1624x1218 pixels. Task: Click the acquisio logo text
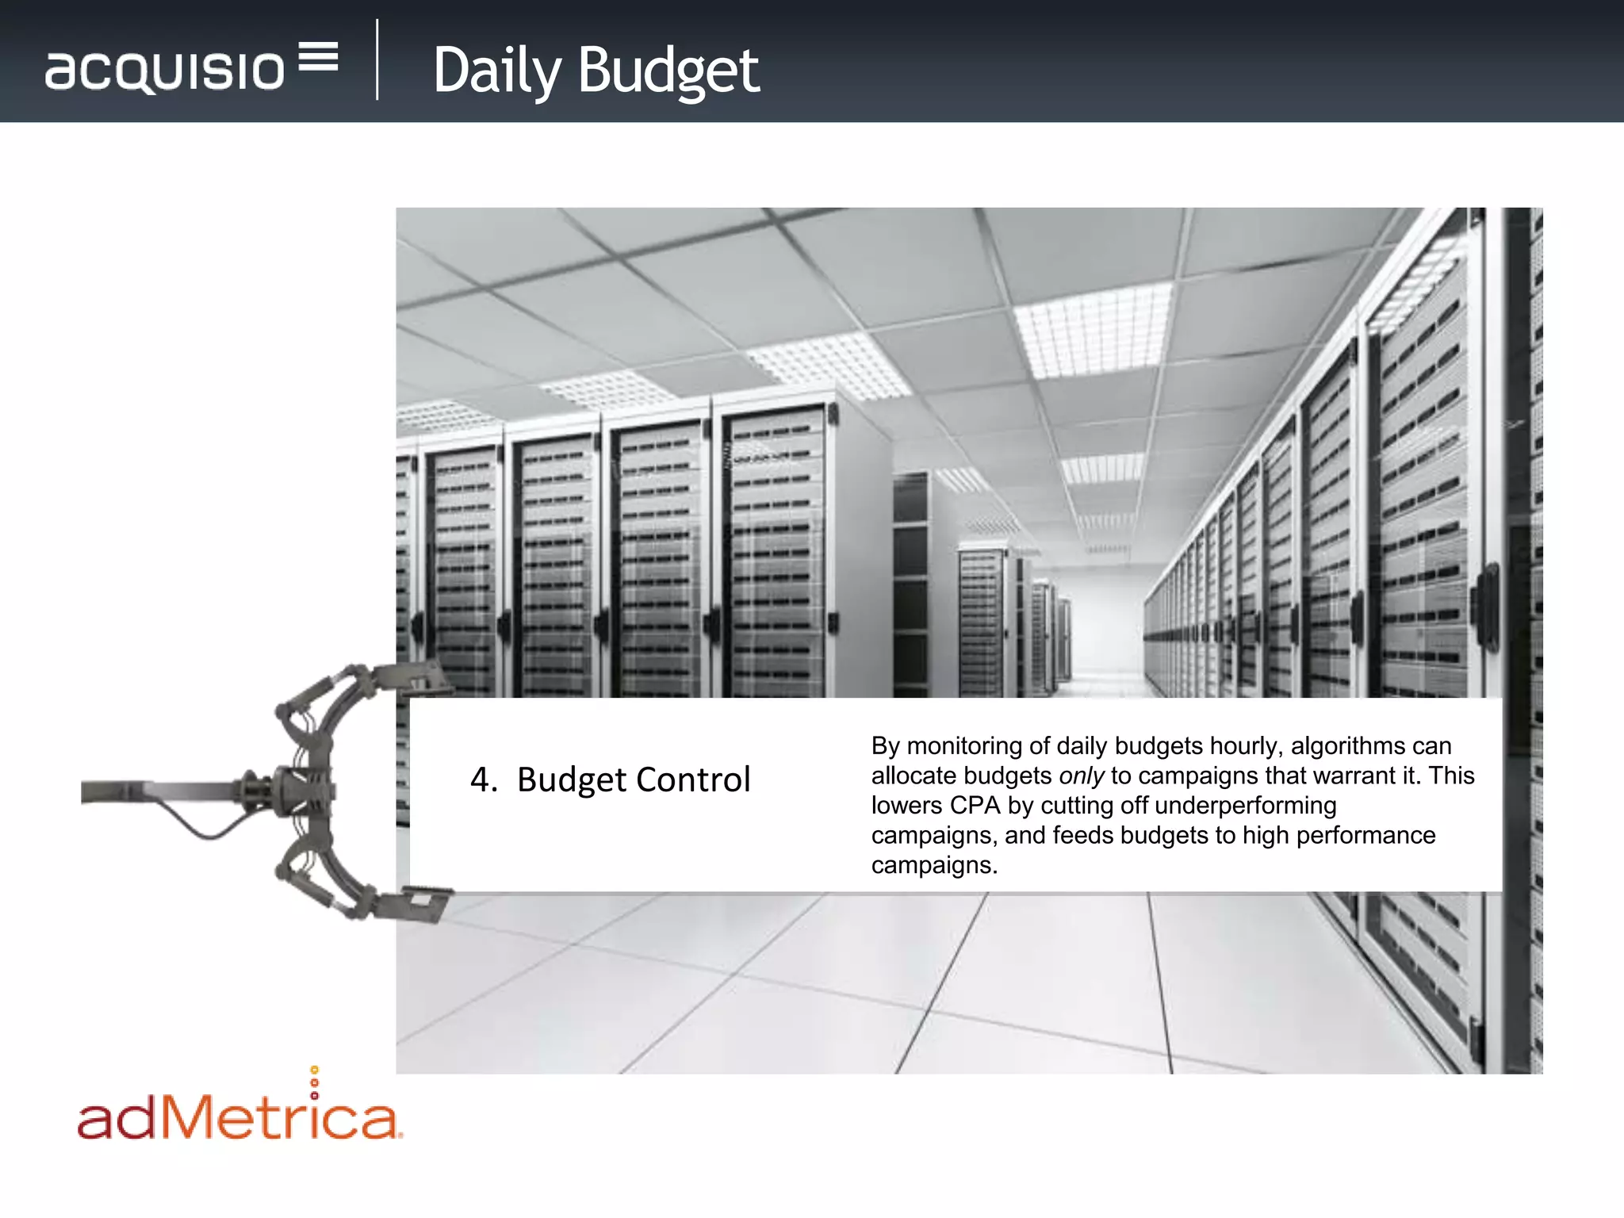164,71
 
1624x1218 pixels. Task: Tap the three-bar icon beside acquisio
319,57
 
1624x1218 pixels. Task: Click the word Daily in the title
496,71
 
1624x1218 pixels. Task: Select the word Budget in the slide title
668,71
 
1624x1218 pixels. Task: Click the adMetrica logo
239,1116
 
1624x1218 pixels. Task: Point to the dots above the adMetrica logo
315,1082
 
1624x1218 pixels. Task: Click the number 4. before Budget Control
483,779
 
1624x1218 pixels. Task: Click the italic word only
1082,776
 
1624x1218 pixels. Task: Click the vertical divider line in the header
377,60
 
